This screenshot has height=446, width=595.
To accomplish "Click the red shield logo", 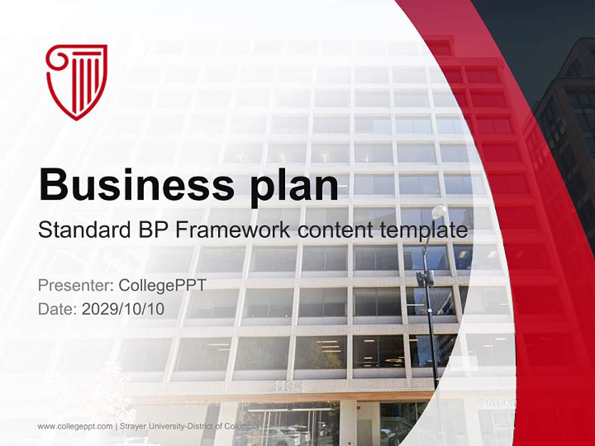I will tap(76, 81).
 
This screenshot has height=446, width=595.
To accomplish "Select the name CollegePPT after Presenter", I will tap(162, 286).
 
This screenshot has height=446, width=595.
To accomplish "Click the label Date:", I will tap(58, 308).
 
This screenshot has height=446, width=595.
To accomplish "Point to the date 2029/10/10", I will tap(123, 308).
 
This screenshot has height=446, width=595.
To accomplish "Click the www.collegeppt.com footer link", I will tap(75, 427).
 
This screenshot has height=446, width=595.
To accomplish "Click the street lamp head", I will tap(438, 212).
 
